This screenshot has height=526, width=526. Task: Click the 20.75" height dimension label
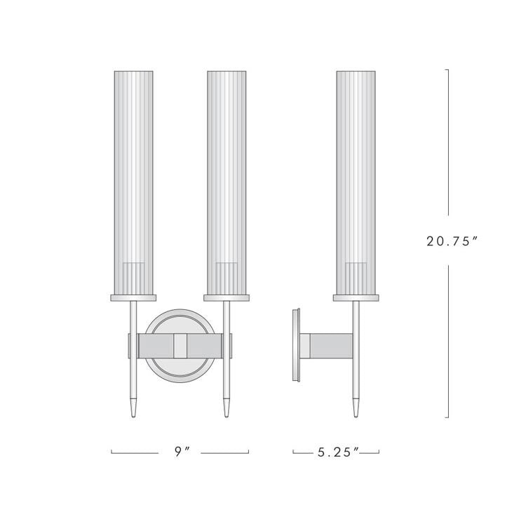(x=452, y=241)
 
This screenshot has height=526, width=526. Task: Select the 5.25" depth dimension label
(x=337, y=452)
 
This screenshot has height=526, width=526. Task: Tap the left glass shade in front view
(x=133, y=175)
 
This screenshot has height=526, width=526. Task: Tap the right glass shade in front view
(x=227, y=175)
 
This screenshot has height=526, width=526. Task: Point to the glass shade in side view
(x=356, y=175)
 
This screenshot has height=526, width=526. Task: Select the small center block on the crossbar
(x=180, y=345)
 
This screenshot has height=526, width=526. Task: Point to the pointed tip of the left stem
(x=133, y=410)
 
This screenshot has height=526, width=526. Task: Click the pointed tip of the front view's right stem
(x=227, y=410)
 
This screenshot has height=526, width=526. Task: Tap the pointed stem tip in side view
(x=356, y=410)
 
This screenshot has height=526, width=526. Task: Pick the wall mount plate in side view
(x=297, y=345)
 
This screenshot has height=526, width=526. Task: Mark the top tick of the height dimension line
(x=448, y=69)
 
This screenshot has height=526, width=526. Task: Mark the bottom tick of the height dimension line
(x=448, y=417)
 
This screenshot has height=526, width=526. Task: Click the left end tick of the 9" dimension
(x=112, y=452)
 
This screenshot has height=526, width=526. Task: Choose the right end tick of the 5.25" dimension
(x=379, y=452)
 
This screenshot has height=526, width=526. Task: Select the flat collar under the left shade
(x=133, y=298)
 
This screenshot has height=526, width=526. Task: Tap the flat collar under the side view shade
(x=356, y=298)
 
